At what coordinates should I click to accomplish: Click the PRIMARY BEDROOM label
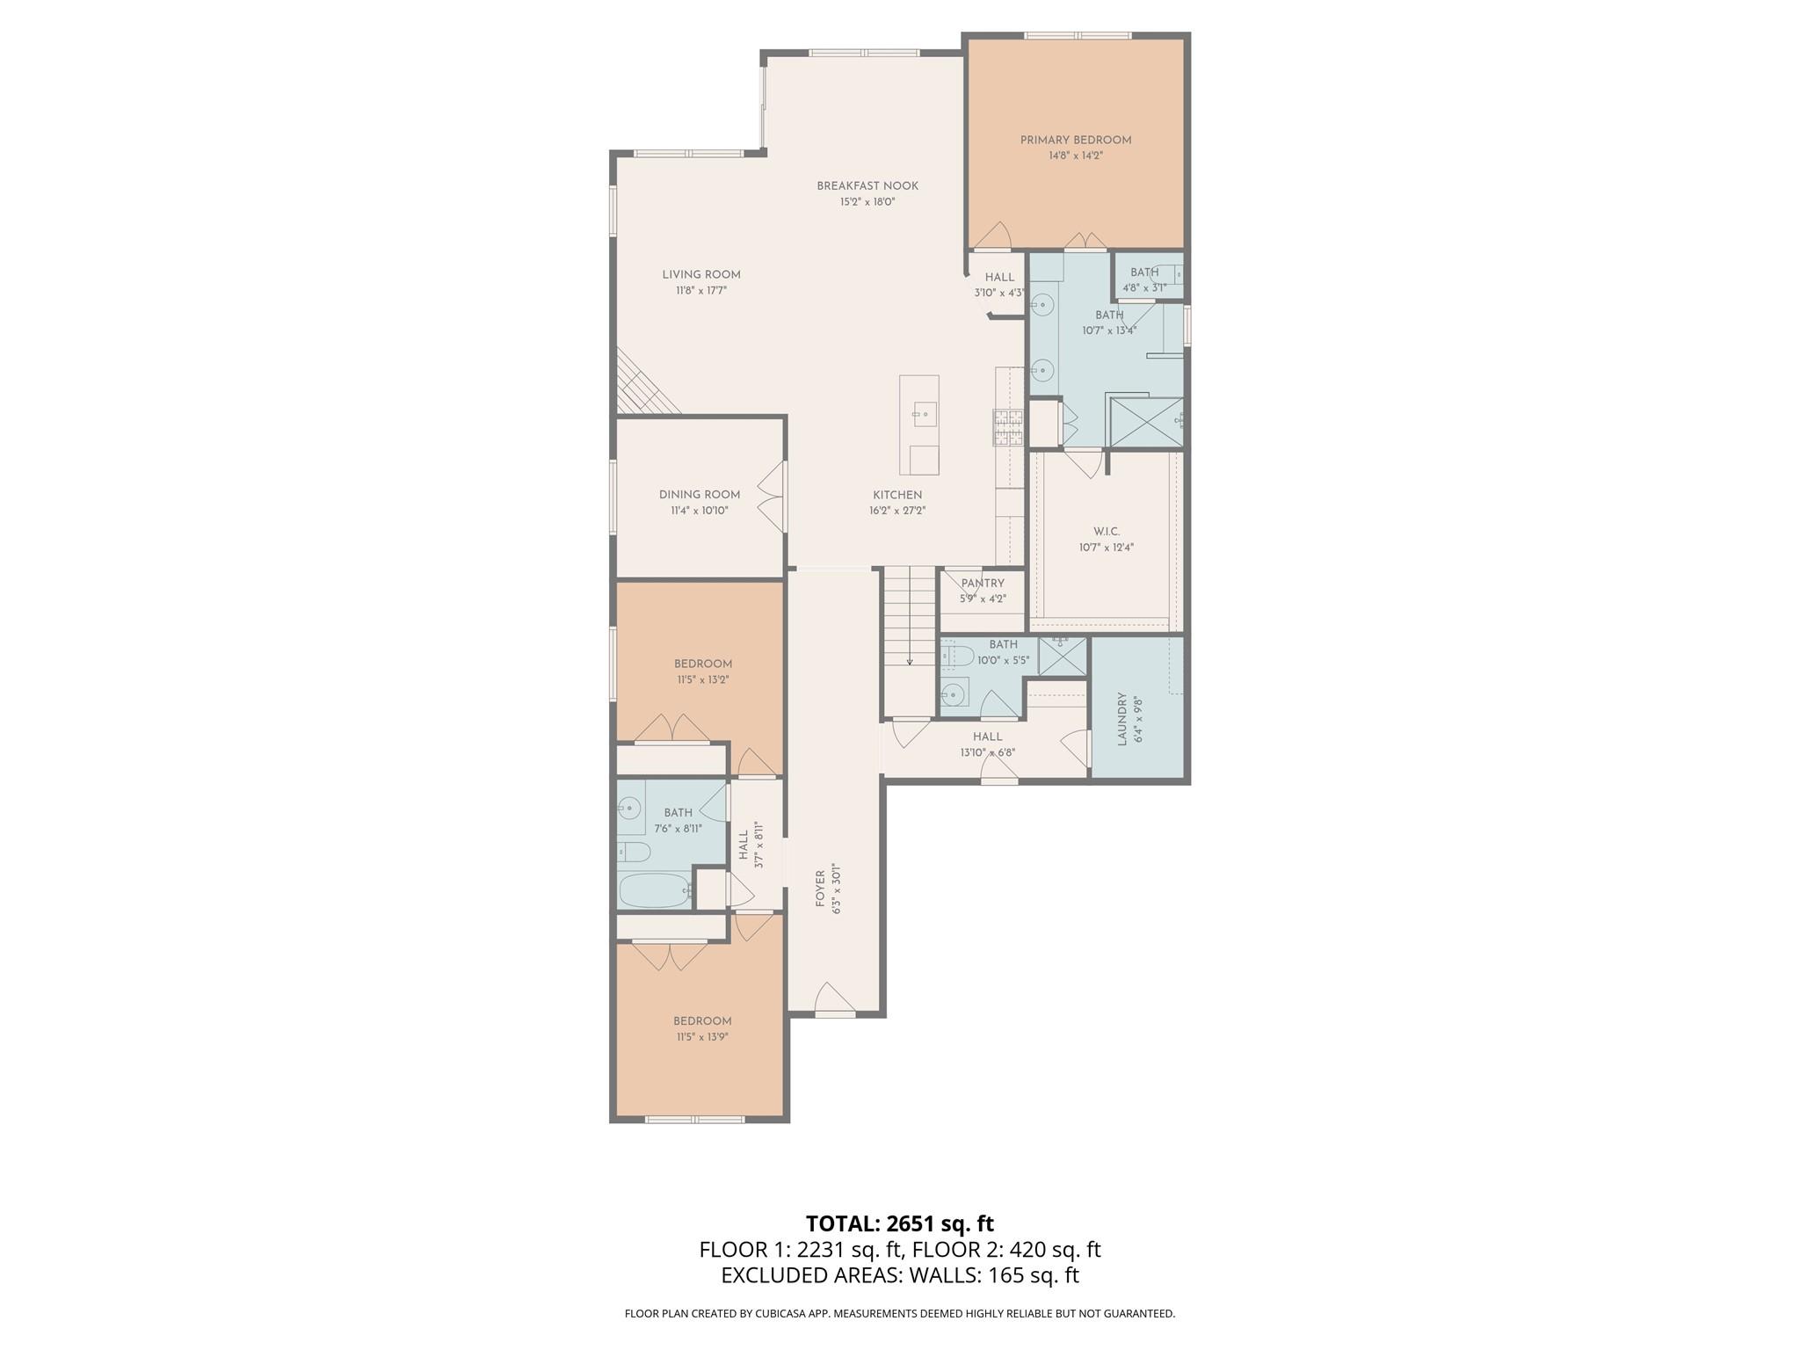1075,140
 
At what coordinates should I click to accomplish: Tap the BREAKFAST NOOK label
867,185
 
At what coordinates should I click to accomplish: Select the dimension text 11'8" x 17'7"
700,290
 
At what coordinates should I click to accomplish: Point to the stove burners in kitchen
1008,427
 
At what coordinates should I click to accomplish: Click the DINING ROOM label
700,494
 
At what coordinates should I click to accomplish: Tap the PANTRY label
982,583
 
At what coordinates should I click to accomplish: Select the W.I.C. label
1107,531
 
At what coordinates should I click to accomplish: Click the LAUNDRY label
1122,719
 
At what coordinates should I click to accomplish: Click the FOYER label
820,889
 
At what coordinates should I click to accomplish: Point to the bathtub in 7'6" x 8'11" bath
655,889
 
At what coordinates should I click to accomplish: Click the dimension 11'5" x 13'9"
702,1037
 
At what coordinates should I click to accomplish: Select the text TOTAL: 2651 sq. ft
899,1223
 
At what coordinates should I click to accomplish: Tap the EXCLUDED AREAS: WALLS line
899,1275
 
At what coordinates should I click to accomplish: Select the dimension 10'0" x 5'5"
1003,660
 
